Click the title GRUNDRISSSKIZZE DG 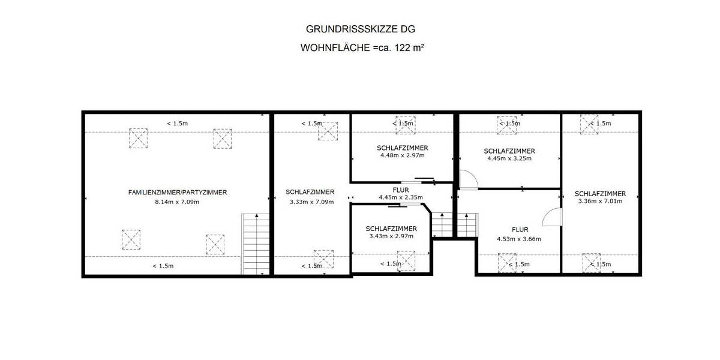point(360,29)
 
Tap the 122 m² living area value point(409,48)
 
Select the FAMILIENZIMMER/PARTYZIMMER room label point(178,193)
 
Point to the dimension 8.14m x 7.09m point(177,202)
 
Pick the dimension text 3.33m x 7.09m point(310,202)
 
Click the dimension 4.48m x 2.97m point(402,156)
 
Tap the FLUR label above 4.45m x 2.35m point(402,190)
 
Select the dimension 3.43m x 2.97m point(391,236)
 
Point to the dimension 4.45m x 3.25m point(509,159)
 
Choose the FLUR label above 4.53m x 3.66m point(520,230)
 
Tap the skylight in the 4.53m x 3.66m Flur point(507,263)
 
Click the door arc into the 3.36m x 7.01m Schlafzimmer point(551,217)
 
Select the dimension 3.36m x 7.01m point(600,202)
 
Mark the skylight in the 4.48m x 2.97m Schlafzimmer point(405,124)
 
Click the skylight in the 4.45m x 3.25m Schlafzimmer point(506,124)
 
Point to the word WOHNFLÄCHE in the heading point(334,48)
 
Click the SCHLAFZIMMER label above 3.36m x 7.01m point(600,193)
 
